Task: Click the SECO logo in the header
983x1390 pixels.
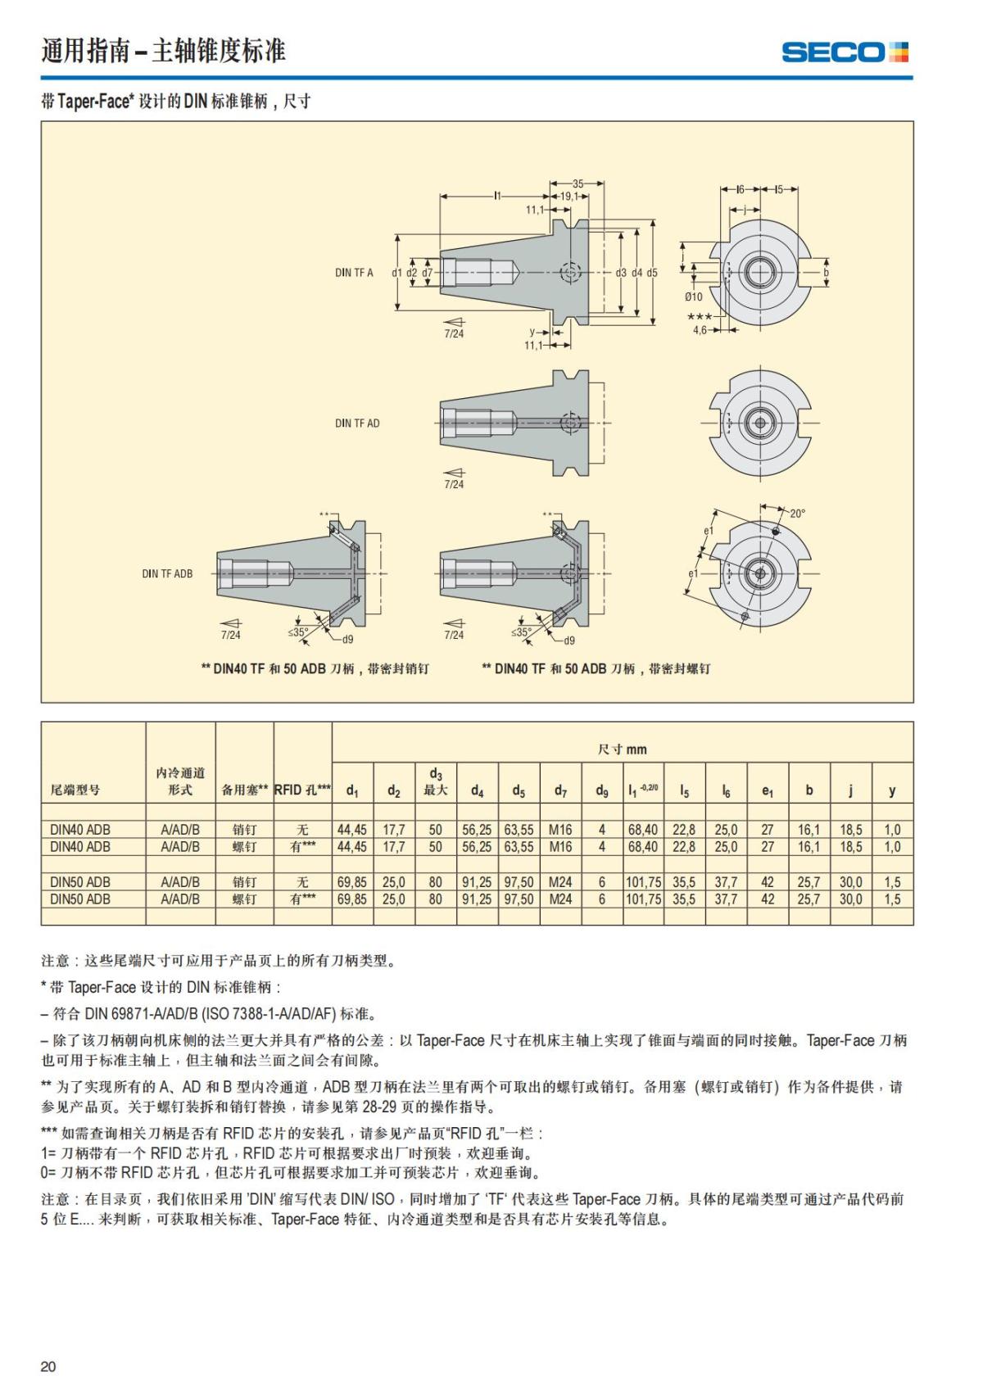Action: tap(845, 52)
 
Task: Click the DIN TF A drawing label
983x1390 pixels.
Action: tap(354, 273)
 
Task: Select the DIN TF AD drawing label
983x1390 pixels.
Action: tap(357, 423)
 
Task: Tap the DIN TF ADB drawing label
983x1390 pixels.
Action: tap(167, 573)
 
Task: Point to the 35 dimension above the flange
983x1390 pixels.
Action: tap(578, 183)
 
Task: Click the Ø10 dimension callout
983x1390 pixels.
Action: tap(693, 297)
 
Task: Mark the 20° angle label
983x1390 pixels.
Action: tap(797, 514)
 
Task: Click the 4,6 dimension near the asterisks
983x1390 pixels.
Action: tap(700, 330)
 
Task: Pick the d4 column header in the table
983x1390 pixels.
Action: tap(477, 790)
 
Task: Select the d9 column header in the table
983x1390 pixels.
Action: tap(601, 790)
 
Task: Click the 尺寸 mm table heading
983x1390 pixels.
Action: tap(622, 749)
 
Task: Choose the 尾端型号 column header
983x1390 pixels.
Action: tap(75, 790)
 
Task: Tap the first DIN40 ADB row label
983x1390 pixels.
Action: tap(80, 829)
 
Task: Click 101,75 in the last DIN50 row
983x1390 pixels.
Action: tap(643, 899)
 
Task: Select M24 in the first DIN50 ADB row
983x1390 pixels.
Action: tap(560, 882)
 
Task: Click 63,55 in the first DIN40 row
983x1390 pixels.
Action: tap(519, 829)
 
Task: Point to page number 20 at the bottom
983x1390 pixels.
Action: tap(48, 1366)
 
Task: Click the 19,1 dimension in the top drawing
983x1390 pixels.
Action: tap(569, 197)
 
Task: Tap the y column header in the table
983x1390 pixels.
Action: tap(892, 790)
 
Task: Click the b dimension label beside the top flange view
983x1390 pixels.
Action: tap(826, 272)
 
